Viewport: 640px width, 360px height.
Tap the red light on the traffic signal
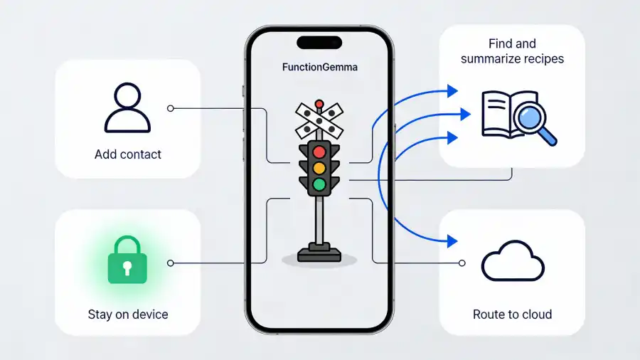pyautogui.click(x=319, y=151)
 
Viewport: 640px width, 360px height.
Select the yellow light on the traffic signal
pyautogui.click(x=319, y=169)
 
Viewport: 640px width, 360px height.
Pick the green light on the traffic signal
pyautogui.click(x=319, y=186)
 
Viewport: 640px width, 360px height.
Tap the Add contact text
pyautogui.click(x=128, y=154)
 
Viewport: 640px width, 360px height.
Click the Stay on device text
pyautogui.click(x=128, y=314)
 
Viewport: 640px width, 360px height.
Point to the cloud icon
pyautogui.click(x=512, y=261)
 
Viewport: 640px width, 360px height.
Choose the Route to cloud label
pyautogui.click(x=512, y=314)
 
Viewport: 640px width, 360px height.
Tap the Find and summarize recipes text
pyautogui.click(x=512, y=51)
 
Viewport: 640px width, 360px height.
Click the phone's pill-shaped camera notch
pyautogui.click(x=319, y=42)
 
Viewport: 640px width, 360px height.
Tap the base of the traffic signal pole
pyautogui.click(x=319, y=253)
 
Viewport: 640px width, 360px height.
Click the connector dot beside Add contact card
pyautogui.click(x=170, y=108)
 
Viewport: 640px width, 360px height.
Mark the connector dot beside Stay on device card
pyautogui.click(x=170, y=263)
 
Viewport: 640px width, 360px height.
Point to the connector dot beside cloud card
pyautogui.click(x=462, y=263)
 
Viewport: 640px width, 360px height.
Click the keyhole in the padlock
pyautogui.click(x=127, y=268)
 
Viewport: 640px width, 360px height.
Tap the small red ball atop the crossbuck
pyautogui.click(x=319, y=103)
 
